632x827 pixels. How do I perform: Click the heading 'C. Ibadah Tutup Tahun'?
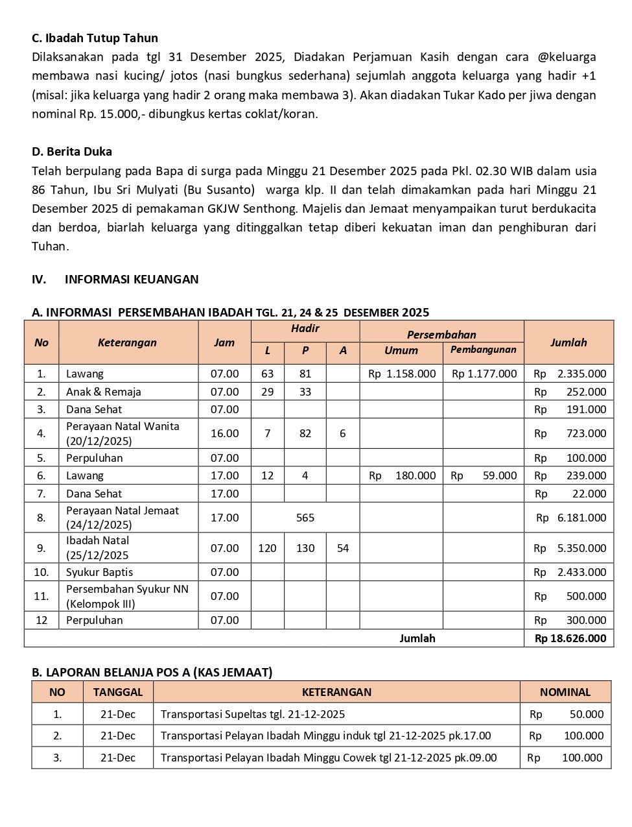(x=95, y=38)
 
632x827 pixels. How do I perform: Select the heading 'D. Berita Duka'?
(x=72, y=152)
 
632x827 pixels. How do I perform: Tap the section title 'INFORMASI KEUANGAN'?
(x=132, y=280)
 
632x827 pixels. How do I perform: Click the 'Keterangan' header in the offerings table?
(x=127, y=342)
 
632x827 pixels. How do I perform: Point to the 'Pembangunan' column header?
(x=483, y=350)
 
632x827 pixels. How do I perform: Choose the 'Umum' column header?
(x=401, y=350)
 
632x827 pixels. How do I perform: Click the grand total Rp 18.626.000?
(x=570, y=638)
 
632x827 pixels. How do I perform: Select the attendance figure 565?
(x=305, y=518)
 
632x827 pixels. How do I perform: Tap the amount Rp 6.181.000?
(x=571, y=518)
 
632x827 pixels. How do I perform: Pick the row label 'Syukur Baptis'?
(x=99, y=572)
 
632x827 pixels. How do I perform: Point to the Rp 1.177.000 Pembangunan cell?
(x=484, y=374)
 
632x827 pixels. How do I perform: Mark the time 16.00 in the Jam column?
(x=224, y=433)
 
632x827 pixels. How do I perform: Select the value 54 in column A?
(x=343, y=548)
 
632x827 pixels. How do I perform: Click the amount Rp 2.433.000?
(x=570, y=572)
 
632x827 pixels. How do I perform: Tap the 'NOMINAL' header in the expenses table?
(x=565, y=692)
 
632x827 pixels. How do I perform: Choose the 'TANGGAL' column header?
(x=118, y=692)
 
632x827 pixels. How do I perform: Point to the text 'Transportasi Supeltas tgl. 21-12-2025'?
(x=253, y=714)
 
